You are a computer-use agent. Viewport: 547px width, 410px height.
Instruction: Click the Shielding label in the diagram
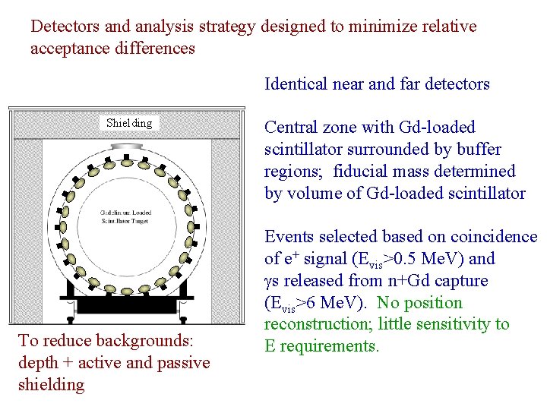[128, 123]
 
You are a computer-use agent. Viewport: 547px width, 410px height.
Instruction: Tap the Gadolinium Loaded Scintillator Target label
[128, 216]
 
